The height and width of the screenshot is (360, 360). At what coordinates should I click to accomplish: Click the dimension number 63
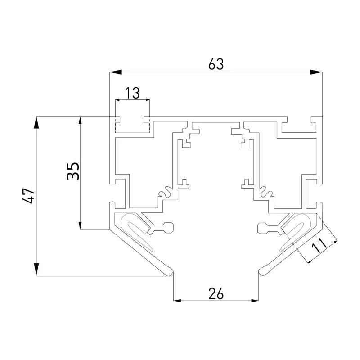coord(216,64)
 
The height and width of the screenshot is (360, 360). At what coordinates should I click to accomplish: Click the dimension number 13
coord(132,93)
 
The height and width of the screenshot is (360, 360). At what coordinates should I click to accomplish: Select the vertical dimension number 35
coord(73,171)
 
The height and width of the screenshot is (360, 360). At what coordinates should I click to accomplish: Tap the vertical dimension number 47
coord(29,196)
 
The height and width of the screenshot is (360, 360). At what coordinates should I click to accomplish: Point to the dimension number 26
coord(216,294)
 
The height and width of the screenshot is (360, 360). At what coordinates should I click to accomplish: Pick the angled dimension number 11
coord(319,245)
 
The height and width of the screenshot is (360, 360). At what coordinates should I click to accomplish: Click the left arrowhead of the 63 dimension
coord(116,72)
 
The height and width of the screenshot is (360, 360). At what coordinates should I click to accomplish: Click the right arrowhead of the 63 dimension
coord(316,72)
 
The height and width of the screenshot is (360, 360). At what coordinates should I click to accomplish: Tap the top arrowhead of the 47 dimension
coord(36,123)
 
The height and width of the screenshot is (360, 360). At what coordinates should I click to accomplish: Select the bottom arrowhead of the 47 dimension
coord(36,269)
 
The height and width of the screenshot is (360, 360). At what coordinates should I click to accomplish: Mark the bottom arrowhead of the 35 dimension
coord(80,225)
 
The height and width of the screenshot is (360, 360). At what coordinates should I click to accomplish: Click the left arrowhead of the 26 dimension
coord(177,300)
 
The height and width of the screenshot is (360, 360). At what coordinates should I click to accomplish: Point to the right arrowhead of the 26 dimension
coord(255,300)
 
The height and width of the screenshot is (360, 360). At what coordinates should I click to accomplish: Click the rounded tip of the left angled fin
coord(170,272)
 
